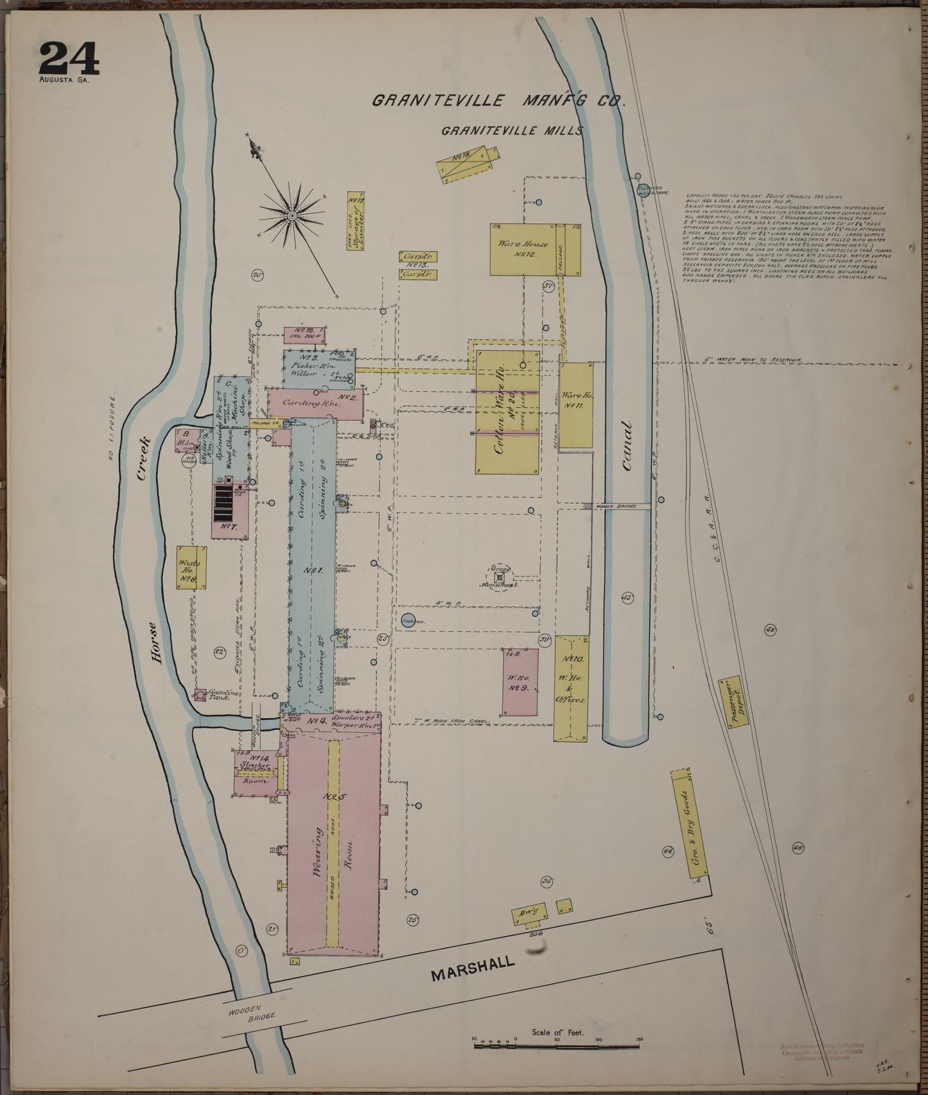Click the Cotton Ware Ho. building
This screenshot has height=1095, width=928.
(506, 411)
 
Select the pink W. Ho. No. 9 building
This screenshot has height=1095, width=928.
(520, 681)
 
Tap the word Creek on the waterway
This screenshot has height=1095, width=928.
(143, 458)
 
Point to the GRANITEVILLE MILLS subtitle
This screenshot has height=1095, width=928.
(511, 131)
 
